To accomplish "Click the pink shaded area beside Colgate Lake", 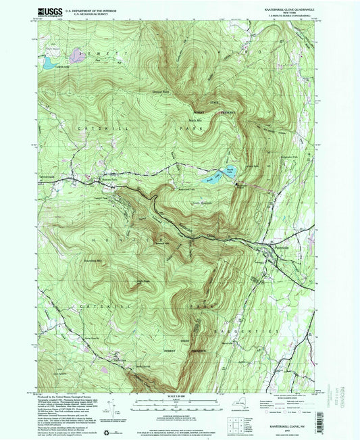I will (76, 53).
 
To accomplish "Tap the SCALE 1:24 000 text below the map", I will (179, 395).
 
